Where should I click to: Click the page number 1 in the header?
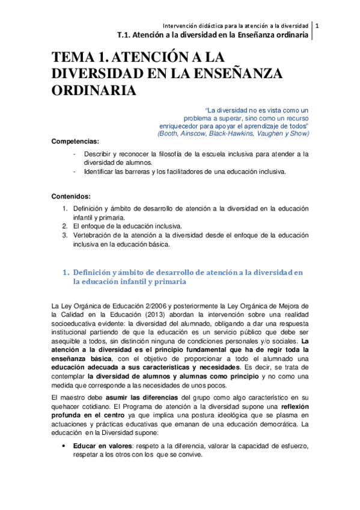pos(317,25)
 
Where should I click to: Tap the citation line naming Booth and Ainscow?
pos(233,134)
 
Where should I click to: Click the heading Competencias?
pos(75,141)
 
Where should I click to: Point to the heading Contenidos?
pos(71,196)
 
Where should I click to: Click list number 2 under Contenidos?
pos(66,226)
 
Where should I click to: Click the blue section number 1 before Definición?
pos(66,272)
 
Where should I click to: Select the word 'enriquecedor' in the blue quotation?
pos(179,126)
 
